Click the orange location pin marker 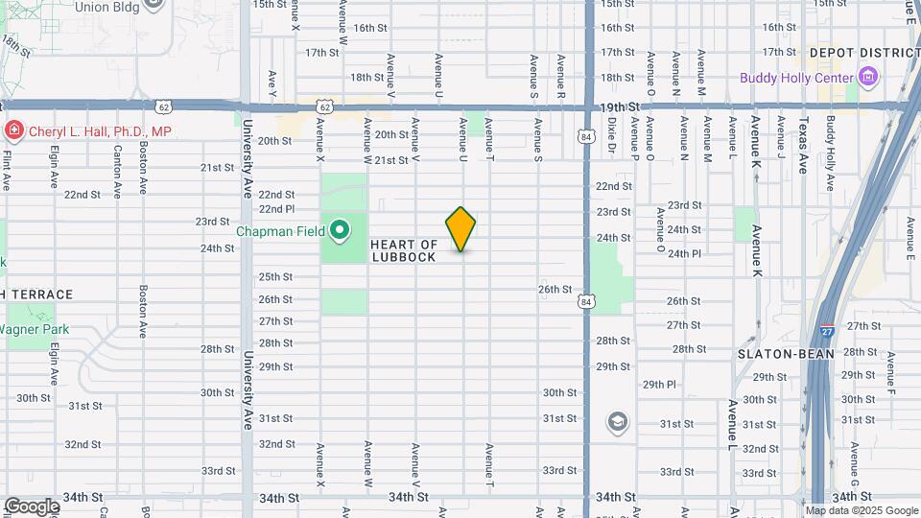pos(460,229)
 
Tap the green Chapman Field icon pos(339,230)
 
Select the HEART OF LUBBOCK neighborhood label pos(404,251)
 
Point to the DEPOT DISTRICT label pos(857,53)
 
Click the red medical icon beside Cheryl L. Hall pos(13,130)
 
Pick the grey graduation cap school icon pos(618,421)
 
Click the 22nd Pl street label pos(276,209)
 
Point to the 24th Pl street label pos(685,254)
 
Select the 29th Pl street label pos(659,385)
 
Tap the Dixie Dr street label pos(611,136)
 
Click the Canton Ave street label pos(117,172)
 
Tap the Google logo pos(32,506)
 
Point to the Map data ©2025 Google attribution pos(862,510)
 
